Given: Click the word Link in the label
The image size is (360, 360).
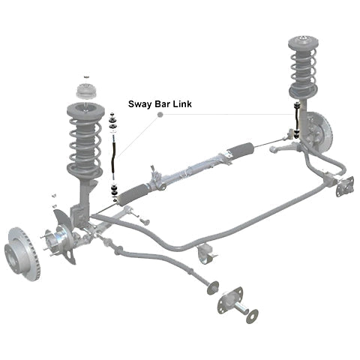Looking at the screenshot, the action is pyautogui.click(x=182, y=104).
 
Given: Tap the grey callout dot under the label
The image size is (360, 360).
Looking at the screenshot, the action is pyautogui.click(x=160, y=115).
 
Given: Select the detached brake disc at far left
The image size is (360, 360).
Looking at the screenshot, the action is pyautogui.click(x=22, y=253).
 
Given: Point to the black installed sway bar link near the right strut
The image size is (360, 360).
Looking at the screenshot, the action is pyautogui.click(x=297, y=119).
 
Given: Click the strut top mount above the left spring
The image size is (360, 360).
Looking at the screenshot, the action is pyautogui.click(x=86, y=91).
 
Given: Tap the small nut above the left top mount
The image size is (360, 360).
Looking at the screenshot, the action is pyautogui.click(x=86, y=76).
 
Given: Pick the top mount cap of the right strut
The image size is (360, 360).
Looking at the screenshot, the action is pyautogui.click(x=302, y=43).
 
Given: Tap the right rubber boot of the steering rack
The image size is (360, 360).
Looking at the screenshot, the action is pyautogui.click(x=240, y=150).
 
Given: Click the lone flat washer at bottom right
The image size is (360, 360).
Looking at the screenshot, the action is pyautogui.click(x=252, y=316).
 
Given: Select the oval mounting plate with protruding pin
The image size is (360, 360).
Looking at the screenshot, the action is pyautogui.click(x=230, y=300).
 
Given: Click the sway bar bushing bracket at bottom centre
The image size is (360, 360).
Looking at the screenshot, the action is pyautogui.click(x=206, y=253).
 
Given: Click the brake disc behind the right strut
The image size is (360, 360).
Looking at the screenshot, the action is pyautogui.click(x=321, y=133).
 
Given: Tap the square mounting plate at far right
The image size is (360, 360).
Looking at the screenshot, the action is pyautogui.click(x=345, y=186).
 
